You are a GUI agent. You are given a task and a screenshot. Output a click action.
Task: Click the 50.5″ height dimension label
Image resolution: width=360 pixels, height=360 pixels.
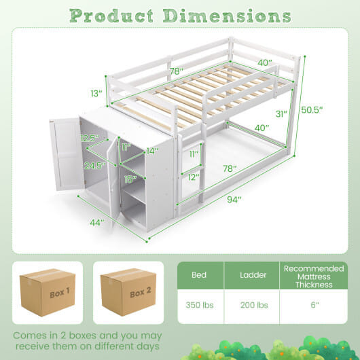312,110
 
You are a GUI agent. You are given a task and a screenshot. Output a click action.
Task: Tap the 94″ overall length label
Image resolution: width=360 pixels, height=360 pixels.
234,199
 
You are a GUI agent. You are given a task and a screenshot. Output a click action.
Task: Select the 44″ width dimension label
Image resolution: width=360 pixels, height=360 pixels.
97,222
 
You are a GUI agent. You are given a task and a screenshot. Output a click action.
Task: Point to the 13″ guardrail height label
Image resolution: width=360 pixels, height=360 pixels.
96,94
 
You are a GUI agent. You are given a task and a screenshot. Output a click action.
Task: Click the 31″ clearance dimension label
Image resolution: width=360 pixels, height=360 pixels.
281,113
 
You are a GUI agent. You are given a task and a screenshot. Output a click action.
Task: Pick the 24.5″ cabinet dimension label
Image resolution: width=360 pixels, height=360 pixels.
95,166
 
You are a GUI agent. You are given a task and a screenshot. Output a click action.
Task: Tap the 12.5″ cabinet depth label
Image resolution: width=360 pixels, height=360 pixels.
90,138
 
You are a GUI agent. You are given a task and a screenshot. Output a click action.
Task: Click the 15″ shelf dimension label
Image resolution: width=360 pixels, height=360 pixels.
130,179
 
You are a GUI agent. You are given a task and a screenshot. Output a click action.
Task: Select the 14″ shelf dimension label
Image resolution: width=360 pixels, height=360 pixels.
152,151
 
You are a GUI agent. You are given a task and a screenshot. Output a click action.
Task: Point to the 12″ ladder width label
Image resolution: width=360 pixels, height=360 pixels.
194,177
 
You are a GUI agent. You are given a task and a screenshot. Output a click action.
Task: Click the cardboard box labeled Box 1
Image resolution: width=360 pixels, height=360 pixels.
48,292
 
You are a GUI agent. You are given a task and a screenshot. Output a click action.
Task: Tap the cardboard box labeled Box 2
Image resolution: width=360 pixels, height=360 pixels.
128,292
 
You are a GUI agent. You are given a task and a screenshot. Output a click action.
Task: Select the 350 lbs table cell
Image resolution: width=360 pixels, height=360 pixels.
200,305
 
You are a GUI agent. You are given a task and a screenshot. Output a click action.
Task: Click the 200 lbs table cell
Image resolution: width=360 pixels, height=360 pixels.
254,305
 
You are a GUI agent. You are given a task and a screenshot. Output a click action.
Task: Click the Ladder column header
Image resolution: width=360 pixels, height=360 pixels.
253,275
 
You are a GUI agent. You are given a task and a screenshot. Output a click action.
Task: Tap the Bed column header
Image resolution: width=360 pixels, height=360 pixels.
199,275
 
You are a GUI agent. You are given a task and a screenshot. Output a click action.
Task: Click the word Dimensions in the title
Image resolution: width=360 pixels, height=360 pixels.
227,16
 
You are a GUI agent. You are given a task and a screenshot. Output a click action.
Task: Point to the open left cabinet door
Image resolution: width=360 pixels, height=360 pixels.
67,154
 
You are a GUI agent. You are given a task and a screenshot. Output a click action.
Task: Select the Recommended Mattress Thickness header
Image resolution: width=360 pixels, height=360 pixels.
314,276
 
